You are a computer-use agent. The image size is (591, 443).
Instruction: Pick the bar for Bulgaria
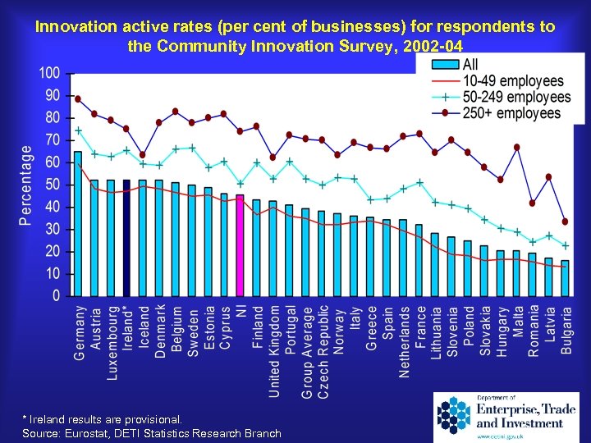[565, 278]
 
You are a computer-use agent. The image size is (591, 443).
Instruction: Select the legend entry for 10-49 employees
[513, 80]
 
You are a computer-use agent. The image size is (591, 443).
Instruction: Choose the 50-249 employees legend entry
[513, 97]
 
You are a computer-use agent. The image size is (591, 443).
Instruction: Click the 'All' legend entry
[470, 64]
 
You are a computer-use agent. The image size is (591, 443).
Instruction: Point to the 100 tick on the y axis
[50, 73]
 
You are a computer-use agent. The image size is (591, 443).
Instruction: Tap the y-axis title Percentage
[26, 185]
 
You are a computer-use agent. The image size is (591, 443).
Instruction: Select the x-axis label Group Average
[307, 353]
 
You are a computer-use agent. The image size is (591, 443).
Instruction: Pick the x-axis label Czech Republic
[323, 353]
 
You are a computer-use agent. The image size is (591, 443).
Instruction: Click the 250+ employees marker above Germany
[78, 98]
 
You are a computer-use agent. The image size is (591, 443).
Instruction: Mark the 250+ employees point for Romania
[532, 203]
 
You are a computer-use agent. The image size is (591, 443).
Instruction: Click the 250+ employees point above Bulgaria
[565, 221]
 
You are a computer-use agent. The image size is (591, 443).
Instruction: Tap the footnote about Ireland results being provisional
[103, 418]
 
